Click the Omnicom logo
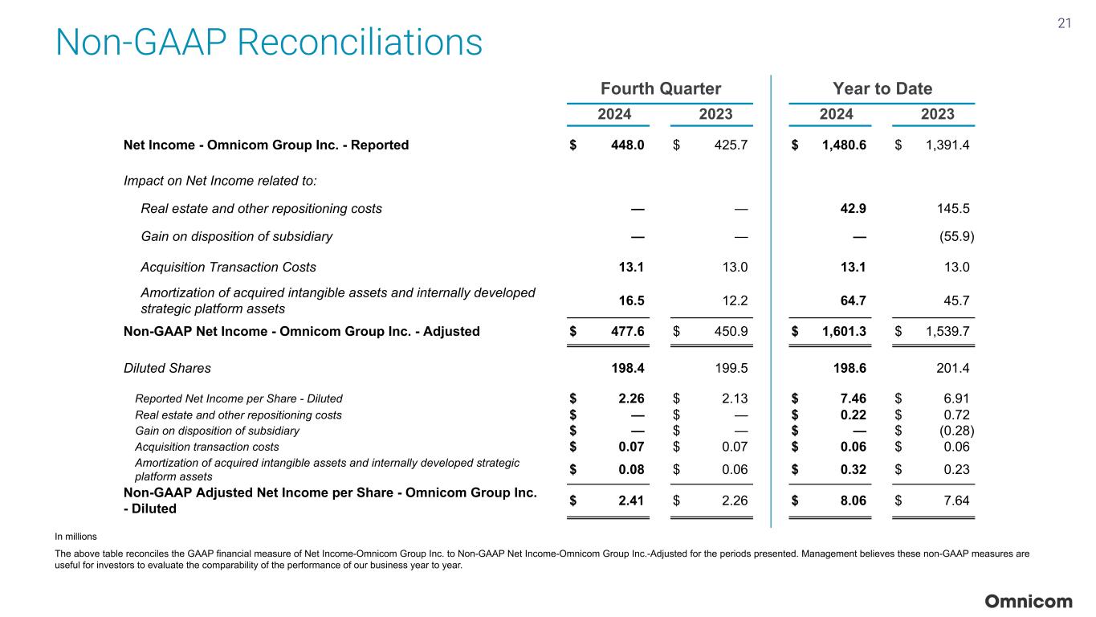pos(1029,602)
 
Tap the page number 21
pos(1064,23)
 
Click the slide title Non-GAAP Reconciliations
pos(269,43)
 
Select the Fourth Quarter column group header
pos(661,88)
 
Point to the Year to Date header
pos(882,88)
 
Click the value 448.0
pos(627,145)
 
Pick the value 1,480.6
pos(843,145)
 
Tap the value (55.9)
pos(956,236)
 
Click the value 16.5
pos(631,300)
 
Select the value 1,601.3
pos(843,330)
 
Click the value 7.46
pos(852,398)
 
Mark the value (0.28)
pos(955,431)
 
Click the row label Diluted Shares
pos(167,369)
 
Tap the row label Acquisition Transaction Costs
pos(228,267)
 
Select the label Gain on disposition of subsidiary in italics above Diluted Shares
pos(236,236)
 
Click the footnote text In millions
pos(75,536)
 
